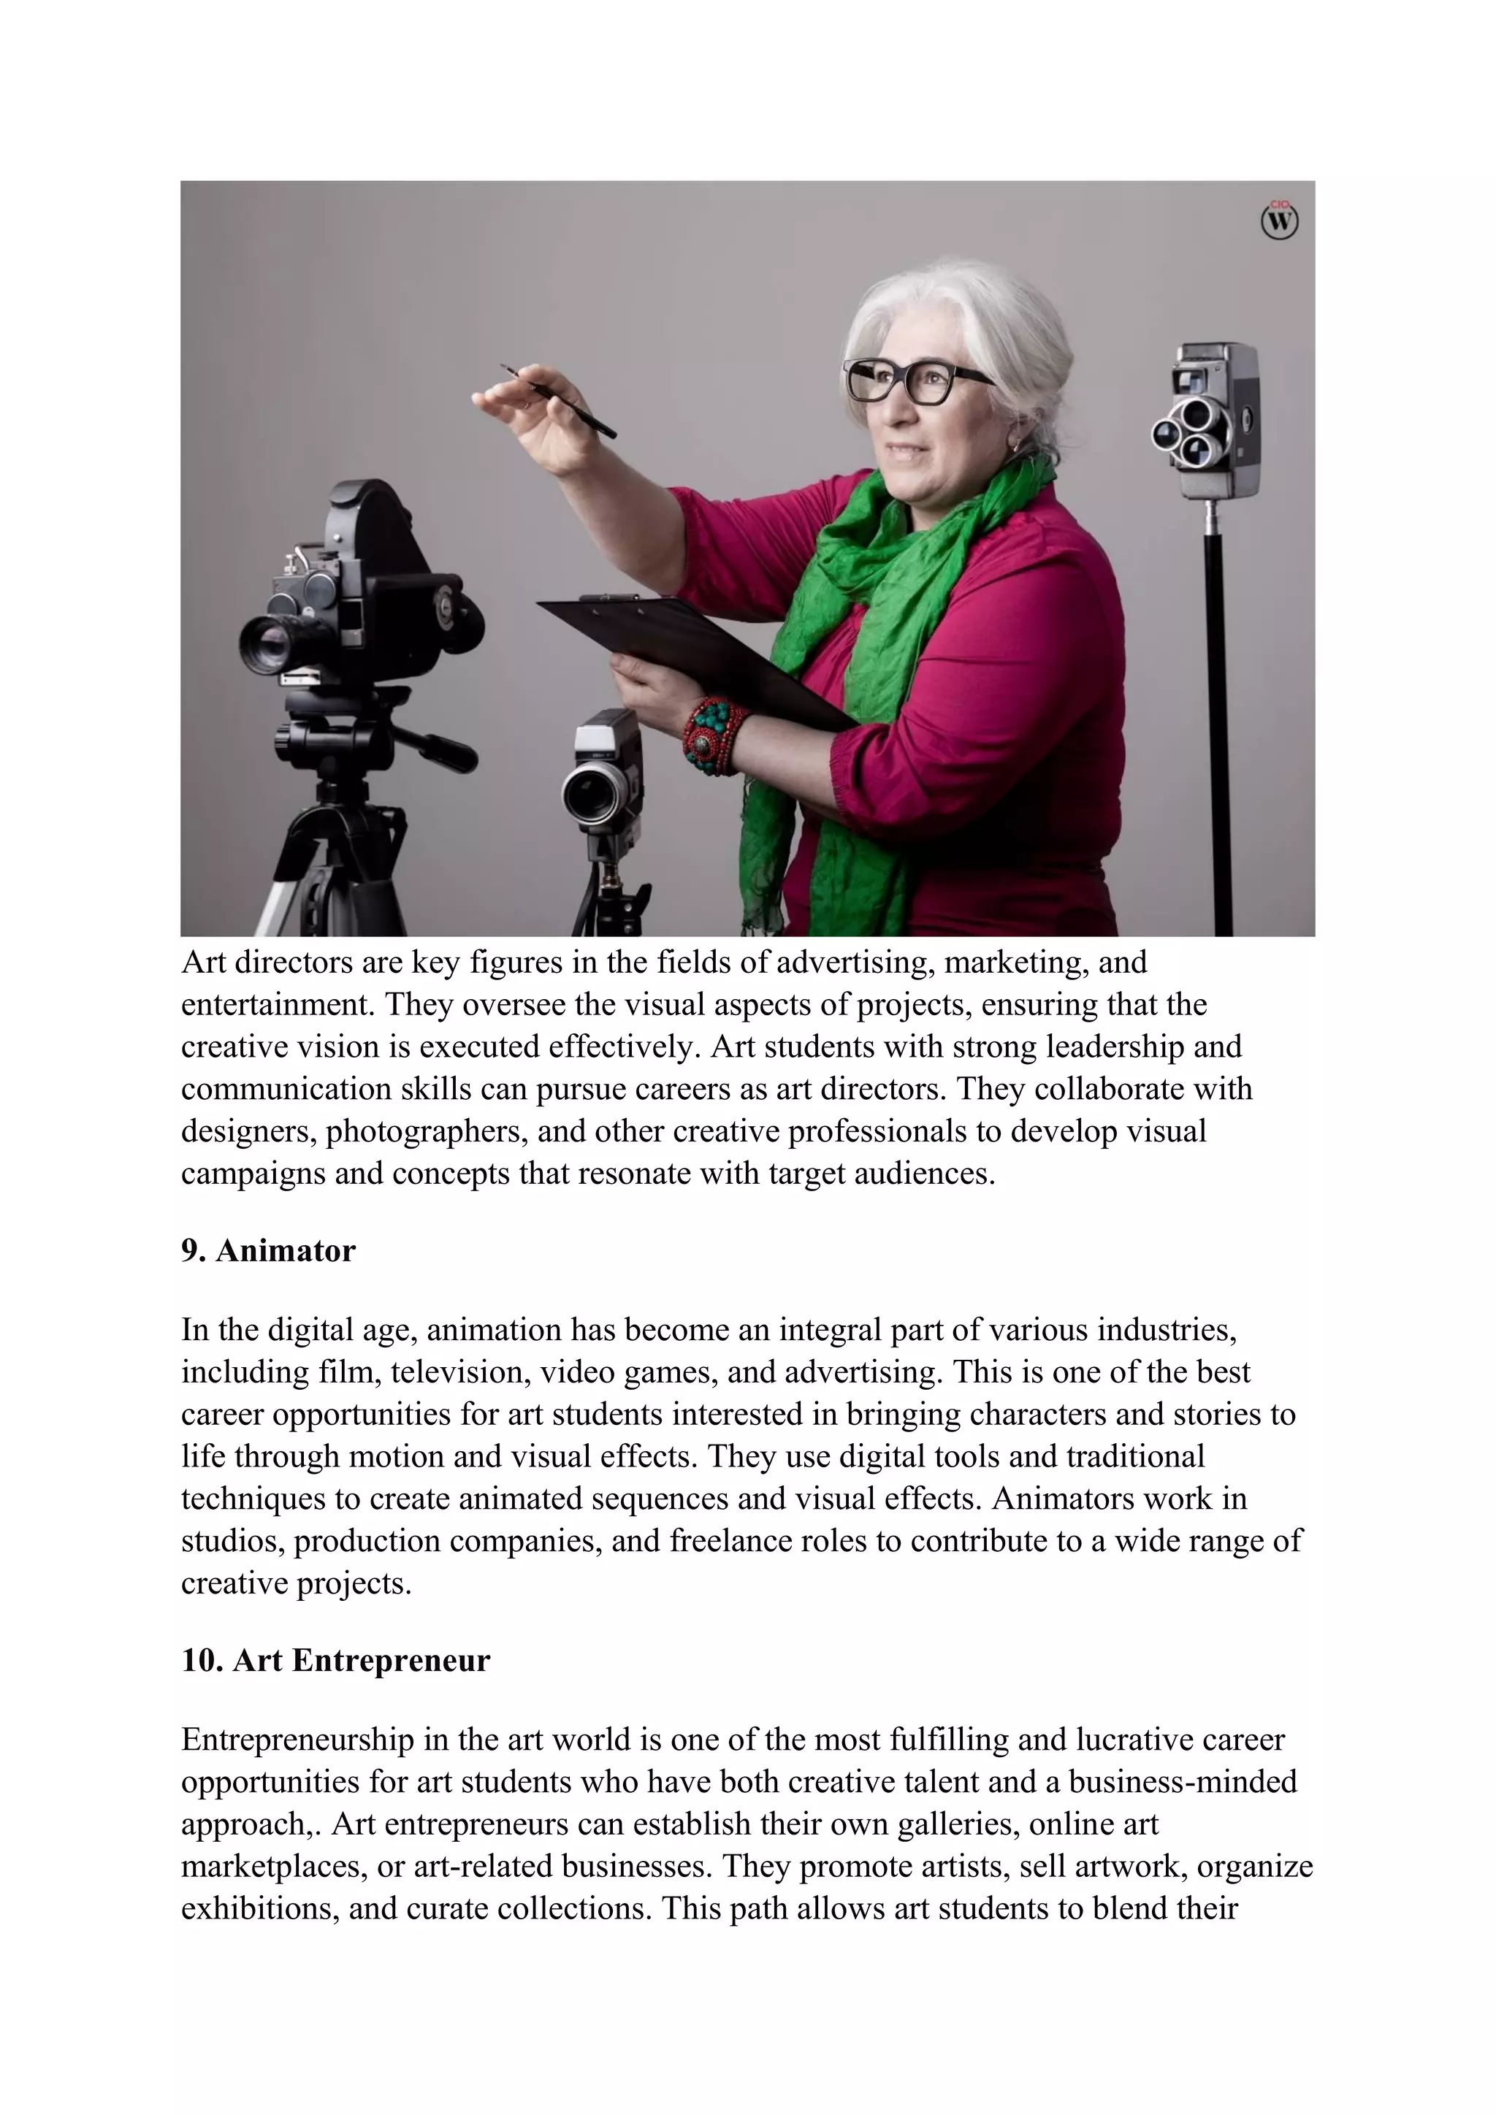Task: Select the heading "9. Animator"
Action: click(x=268, y=1251)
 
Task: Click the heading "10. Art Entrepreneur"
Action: click(x=335, y=1661)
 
